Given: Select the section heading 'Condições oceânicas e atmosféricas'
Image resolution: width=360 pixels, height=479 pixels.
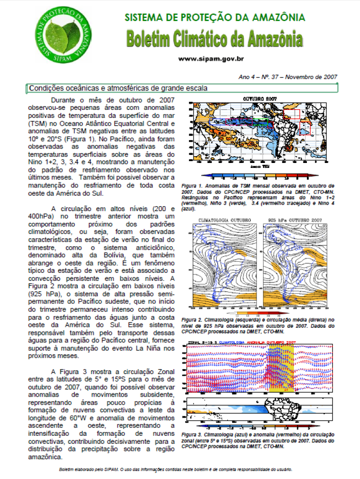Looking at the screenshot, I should click(x=118, y=88).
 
